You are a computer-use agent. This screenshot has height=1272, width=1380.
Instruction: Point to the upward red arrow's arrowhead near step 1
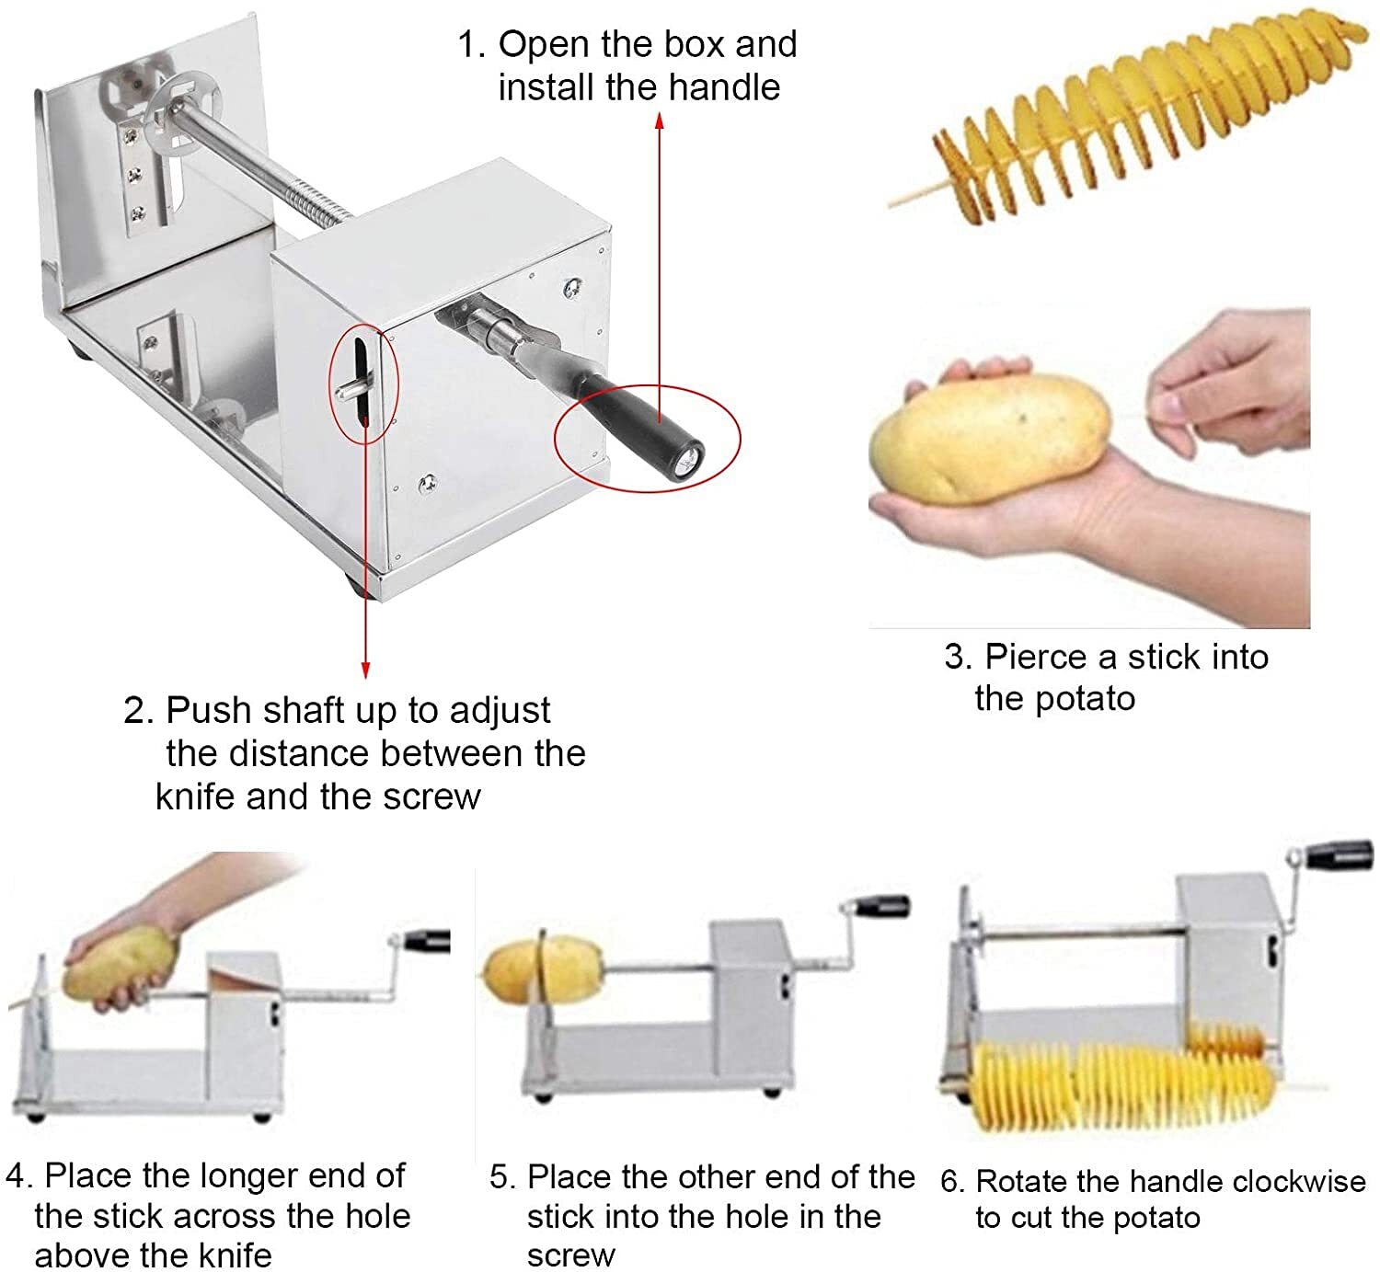coord(660,120)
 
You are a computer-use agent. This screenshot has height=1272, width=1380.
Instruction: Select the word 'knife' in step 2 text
coord(196,796)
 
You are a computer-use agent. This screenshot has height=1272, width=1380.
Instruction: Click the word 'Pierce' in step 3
coord(1035,657)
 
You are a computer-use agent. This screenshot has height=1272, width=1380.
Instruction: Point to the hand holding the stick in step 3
coord(1233,386)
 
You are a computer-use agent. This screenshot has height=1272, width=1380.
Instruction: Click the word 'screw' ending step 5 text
coord(570,1255)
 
